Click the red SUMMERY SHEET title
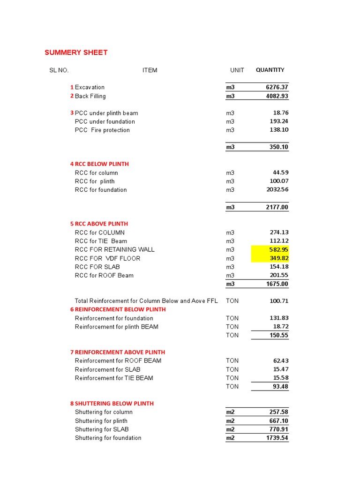click(76, 52)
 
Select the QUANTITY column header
click(270, 70)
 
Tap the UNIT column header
click(237, 70)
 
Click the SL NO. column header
click(59, 70)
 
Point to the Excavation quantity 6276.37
click(277, 87)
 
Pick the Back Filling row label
click(90, 96)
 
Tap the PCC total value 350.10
click(278, 147)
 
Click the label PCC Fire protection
click(102, 130)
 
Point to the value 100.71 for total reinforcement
click(279, 301)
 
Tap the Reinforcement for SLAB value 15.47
click(280, 369)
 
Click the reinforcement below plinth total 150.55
click(279, 335)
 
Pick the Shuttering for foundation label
click(108, 438)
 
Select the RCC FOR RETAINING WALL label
click(114, 249)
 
